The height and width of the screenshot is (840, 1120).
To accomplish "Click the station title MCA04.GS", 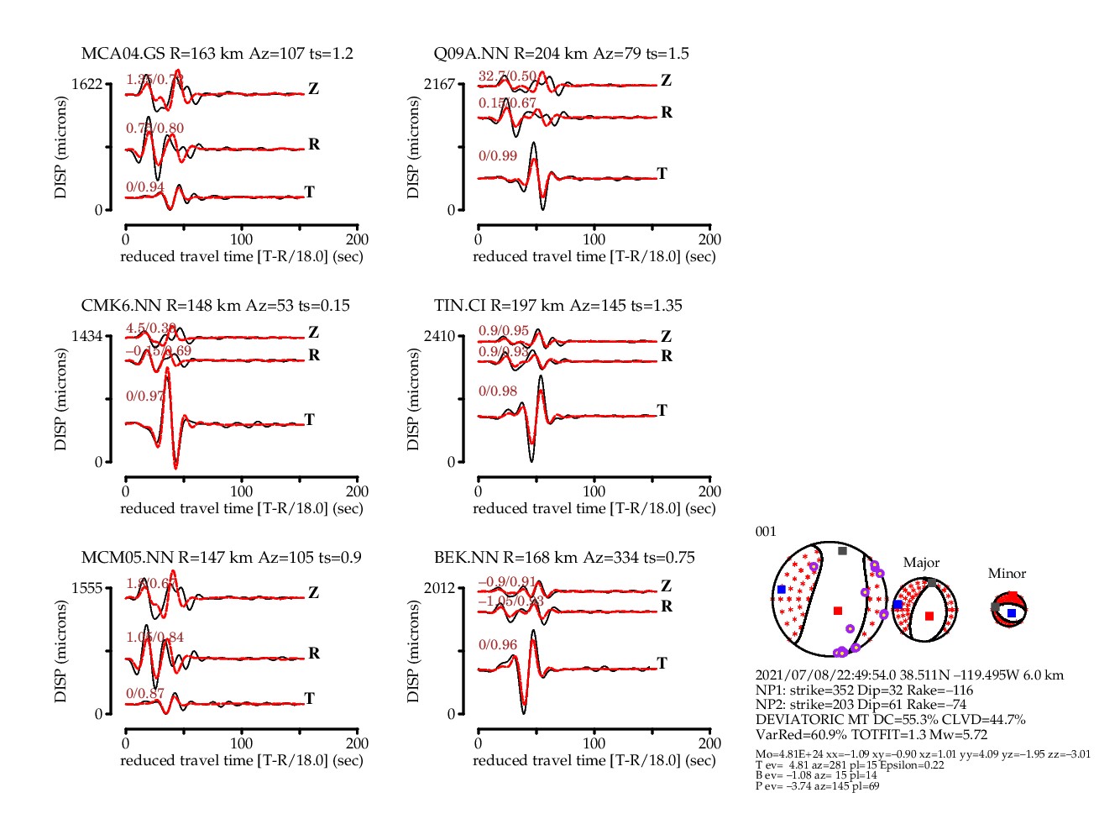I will [123, 54].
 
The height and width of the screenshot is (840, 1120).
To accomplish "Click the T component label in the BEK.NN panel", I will [662, 663].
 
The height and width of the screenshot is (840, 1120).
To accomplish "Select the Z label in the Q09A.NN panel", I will [666, 81].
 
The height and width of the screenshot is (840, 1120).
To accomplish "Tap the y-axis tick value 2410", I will [439, 336].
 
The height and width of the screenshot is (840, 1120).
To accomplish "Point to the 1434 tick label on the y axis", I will [86, 336].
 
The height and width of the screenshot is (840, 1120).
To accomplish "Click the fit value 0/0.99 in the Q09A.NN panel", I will [498, 156].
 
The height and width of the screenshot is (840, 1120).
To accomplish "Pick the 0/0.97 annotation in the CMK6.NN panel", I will [145, 396].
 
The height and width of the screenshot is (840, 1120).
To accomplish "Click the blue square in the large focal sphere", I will [782, 590].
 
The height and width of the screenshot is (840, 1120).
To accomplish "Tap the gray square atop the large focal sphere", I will [842, 551].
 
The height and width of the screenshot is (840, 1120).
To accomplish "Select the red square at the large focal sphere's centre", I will [837, 611].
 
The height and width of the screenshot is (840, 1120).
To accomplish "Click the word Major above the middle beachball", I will [921, 563].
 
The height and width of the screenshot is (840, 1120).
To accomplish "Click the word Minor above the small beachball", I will [1007, 574].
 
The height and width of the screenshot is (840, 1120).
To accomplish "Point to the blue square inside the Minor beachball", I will [1012, 613].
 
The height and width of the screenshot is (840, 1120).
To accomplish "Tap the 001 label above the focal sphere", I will [766, 532].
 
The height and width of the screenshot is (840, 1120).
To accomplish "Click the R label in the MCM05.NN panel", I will [314, 654].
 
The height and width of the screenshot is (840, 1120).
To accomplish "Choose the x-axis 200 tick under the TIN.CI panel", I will [709, 491].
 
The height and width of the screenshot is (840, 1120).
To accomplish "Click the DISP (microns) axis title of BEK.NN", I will [413, 651].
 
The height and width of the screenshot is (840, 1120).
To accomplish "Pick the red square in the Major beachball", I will [929, 616].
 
